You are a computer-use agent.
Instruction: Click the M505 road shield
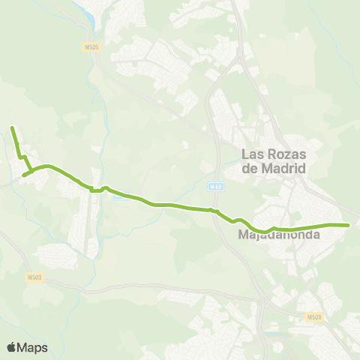pos(90,47)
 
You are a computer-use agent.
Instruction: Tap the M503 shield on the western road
pos(34,277)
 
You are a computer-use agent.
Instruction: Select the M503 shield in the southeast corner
pos(314,318)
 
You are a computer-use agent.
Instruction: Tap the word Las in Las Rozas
pos(253,154)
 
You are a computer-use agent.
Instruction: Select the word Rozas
pos(286,154)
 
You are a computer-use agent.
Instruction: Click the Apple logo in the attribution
pos(12,347)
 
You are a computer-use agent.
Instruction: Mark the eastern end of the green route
pos(349,224)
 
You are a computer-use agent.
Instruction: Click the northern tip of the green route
pos(12,129)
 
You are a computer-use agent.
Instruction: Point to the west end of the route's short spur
pos(23,175)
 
